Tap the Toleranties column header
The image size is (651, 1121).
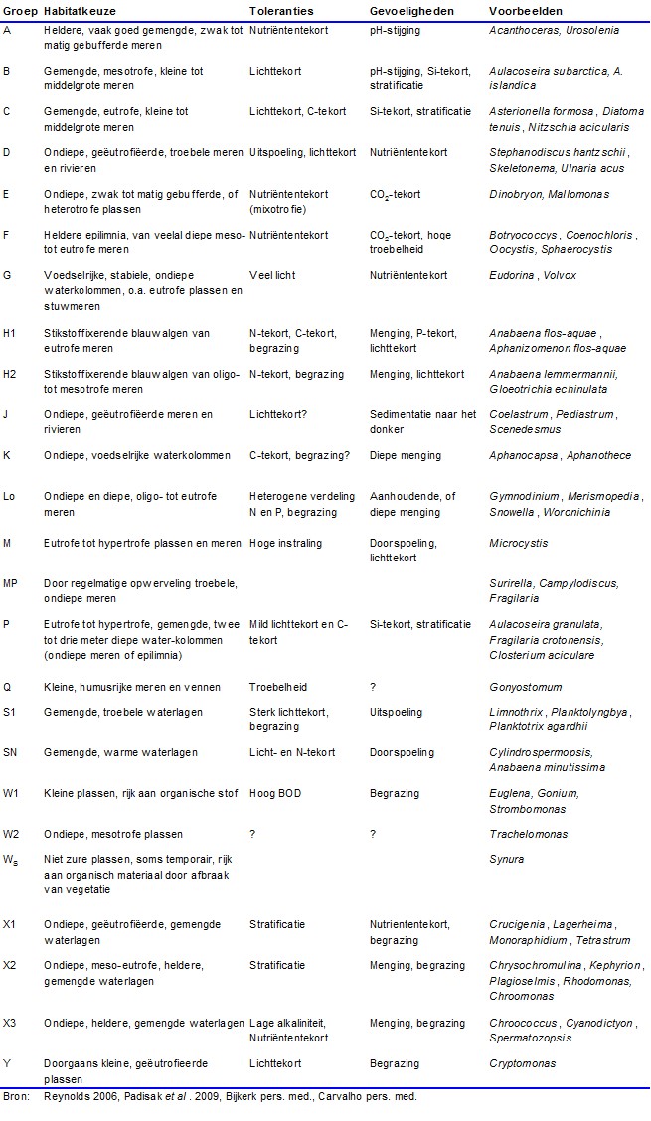click(281, 10)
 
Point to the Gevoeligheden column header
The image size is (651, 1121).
click(411, 10)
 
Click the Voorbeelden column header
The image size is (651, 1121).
click(525, 10)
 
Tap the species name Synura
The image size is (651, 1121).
click(507, 859)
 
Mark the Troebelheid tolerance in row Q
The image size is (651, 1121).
click(278, 687)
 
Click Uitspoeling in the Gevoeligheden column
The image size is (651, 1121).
click(397, 713)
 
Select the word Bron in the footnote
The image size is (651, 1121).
click(14, 1097)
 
